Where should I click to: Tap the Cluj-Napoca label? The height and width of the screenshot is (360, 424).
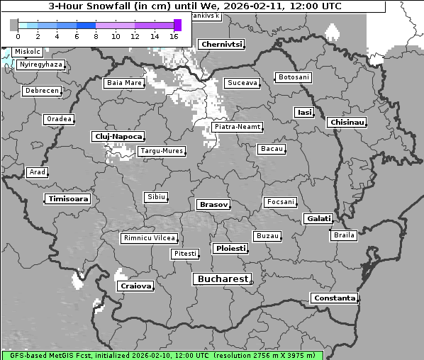[x=118, y=136]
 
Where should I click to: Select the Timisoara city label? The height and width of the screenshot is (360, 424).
[x=68, y=199]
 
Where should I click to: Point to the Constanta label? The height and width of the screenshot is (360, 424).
[x=334, y=298]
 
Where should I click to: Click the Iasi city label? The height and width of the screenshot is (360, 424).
[x=304, y=112]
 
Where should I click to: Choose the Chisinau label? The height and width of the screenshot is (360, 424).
[x=347, y=123]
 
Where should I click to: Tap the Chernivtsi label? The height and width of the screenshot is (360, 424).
[x=222, y=44]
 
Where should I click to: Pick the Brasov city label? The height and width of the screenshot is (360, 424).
[x=213, y=204]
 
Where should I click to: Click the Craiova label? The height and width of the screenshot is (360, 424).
[x=136, y=286]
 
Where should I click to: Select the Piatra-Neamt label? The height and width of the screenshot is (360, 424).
[x=237, y=127]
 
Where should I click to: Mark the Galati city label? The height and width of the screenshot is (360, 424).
[x=318, y=219]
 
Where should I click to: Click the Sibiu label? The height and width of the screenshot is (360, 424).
[x=155, y=196]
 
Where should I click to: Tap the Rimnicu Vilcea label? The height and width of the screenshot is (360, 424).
[x=149, y=238]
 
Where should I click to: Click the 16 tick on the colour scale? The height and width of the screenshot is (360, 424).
[x=174, y=36]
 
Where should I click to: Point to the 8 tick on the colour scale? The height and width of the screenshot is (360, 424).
[x=95, y=36]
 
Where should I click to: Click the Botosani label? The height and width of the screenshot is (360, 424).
[x=293, y=77]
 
